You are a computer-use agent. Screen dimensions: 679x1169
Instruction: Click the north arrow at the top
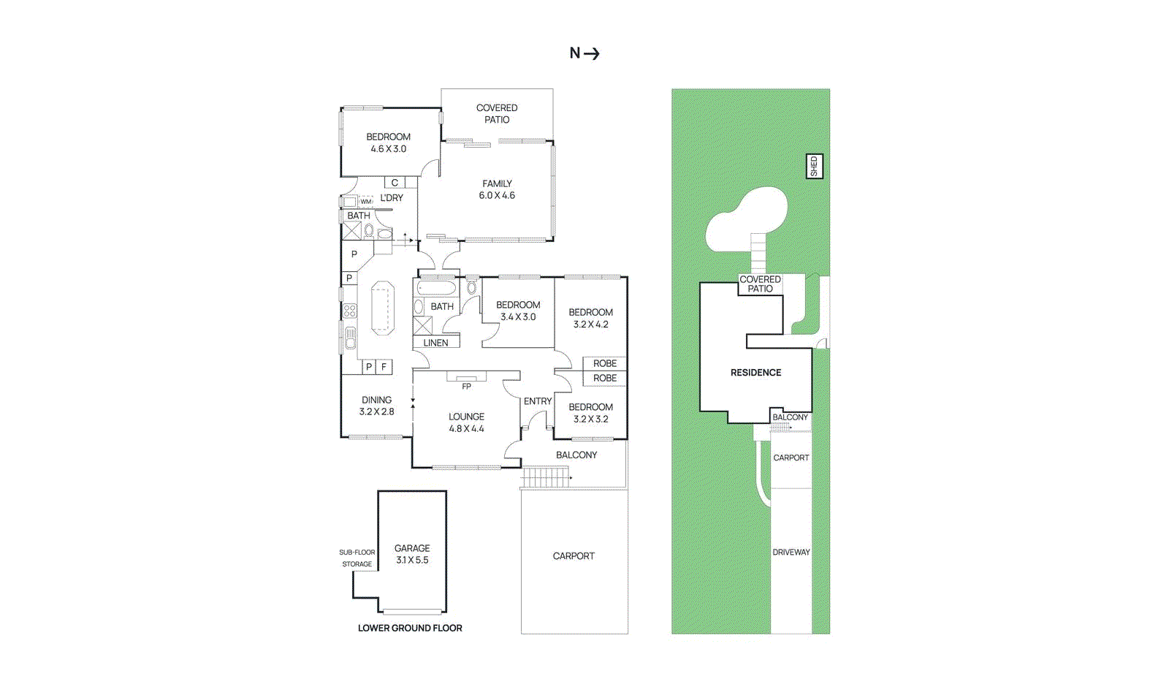(x=584, y=53)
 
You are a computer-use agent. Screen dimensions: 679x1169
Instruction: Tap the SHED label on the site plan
(x=814, y=167)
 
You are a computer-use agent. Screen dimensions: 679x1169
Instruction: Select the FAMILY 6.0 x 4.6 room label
(x=497, y=189)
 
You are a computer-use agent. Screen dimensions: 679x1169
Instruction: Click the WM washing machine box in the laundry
(x=366, y=201)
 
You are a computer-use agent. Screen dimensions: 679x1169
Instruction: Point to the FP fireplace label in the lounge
(x=466, y=386)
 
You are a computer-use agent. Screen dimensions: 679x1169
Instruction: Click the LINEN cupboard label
(x=436, y=342)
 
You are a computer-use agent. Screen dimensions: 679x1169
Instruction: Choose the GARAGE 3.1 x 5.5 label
(x=412, y=554)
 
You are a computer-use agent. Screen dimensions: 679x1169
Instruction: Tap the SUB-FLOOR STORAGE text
(x=357, y=558)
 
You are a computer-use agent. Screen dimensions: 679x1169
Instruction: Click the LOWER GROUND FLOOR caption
(x=410, y=628)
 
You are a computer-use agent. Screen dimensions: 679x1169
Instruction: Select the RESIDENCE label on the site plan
(x=755, y=373)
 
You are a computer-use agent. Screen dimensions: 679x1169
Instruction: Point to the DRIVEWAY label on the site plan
(x=791, y=553)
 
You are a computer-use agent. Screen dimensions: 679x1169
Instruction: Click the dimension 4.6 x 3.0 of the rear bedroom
(x=388, y=149)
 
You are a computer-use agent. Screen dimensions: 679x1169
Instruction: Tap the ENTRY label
(x=538, y=401)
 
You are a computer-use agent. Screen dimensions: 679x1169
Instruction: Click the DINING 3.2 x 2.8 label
(x=376, y=406)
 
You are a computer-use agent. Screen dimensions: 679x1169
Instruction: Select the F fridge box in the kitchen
(x=384, y=367)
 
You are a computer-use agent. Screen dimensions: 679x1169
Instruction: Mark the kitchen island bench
(x=382, y=308)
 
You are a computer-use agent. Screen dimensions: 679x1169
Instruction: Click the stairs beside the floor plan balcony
(x=544, y=478)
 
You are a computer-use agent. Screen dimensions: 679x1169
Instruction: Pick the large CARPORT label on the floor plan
(x=574, y=556)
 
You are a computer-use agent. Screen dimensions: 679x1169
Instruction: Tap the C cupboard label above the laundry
(x=395, y=183)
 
